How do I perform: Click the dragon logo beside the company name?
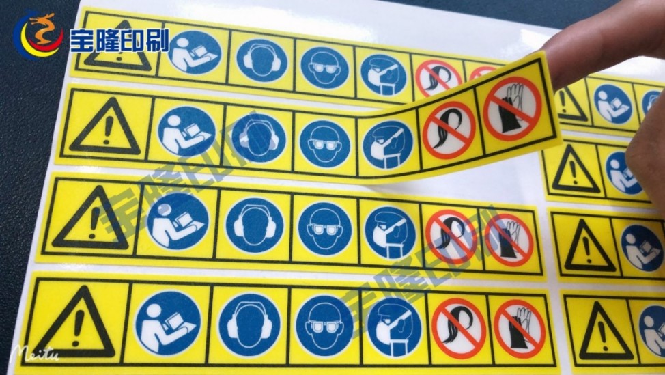click(x=38, y=35)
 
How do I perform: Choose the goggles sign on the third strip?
click(x=325, y=229)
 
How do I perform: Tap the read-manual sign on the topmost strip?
click(x=195, y=53)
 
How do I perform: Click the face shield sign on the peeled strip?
click(x=387, y=144)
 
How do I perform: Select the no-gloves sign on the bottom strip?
click(x=519, y=329)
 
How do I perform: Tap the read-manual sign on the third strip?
click(x=178, y=221)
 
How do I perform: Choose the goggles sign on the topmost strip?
click(x=324, y=68)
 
